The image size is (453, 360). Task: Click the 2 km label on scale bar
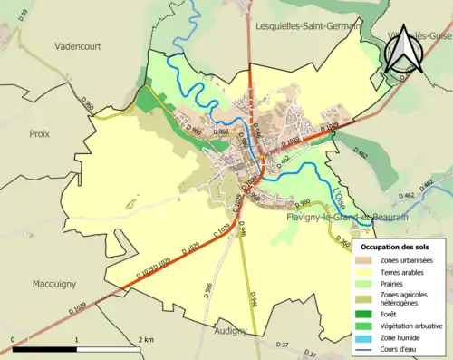(145, 338)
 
